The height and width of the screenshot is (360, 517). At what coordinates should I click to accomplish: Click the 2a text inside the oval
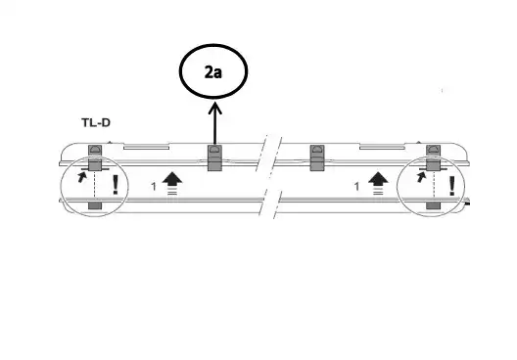[213, 72]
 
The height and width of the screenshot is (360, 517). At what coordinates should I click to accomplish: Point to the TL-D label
[96, 123]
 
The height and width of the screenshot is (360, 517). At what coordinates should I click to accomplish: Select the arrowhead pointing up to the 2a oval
[214, 109]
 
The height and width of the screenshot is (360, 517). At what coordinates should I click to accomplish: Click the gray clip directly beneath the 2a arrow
[214, 157]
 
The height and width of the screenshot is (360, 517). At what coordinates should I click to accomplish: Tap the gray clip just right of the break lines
[317, 157]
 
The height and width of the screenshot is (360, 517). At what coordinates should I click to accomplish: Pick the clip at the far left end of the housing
[95, 158]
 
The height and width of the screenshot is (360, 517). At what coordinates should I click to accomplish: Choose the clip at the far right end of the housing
[433, 157]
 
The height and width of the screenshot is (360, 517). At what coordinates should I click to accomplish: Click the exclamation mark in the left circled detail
[116, 185]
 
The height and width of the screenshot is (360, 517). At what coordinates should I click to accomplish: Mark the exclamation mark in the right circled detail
[452, 186]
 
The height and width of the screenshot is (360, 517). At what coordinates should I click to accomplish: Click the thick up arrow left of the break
[172, 183]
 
